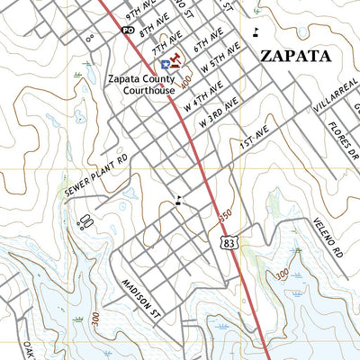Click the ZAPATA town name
click(x=295, y=55)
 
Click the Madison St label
click(x=135, y=297)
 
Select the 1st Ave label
click(x=249, y=141)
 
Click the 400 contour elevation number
click(x=186, y=83)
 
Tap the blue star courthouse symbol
click(x=165, y=65)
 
